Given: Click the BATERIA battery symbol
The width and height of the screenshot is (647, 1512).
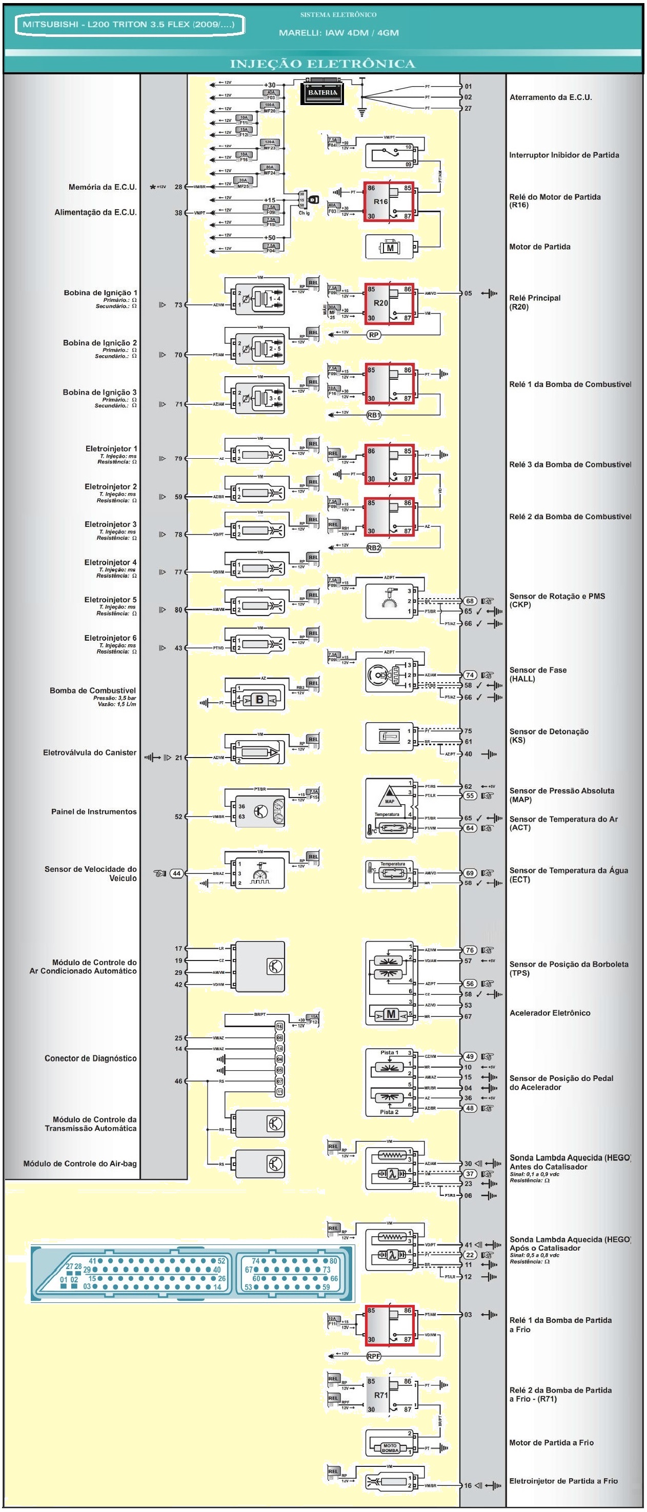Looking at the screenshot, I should [x=322, y=93].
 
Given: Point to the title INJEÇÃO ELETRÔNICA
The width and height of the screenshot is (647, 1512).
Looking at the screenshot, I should [x=322, y=64].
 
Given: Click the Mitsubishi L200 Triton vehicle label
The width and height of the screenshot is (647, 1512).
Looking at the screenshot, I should [x=129, y=25].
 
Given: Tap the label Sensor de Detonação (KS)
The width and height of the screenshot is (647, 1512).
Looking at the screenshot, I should [x=549, y=735].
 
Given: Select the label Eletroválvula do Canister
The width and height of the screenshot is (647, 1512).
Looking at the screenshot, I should [x=89, y=752].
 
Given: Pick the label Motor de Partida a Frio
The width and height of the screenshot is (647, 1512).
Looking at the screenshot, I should [x=551, y=1442].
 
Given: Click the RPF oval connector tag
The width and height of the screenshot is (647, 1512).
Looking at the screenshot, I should [x=373, y=1357].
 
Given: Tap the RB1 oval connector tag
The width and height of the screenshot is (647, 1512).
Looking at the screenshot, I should [x=373, y=415].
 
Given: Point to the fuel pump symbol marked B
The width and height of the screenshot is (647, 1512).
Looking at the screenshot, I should [x=259, y=700].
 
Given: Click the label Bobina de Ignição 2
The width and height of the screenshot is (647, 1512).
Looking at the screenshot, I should [x=100, y=343].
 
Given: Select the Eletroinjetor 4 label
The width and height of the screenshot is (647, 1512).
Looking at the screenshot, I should [x=110, y=562].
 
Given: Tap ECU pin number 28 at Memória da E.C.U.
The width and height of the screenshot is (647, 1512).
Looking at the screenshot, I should [x=178, y=187].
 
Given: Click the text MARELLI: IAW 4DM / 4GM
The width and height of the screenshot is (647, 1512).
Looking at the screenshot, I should [x=339, y=33].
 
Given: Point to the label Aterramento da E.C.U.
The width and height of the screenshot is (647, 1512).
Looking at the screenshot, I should [x=550, y=97].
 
